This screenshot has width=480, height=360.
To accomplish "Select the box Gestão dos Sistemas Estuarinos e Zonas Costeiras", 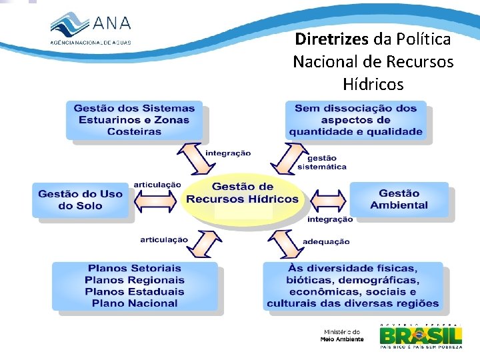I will coord(134,120).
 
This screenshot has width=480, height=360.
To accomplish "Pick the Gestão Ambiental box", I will coord(399,199).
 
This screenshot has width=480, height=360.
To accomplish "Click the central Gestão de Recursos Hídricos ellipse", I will coord(242,193).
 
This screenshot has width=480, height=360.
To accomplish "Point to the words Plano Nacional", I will coord(135,303).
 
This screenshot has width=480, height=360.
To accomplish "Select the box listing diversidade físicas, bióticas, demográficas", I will coord(353,286).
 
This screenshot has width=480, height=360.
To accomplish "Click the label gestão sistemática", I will coord(321,163).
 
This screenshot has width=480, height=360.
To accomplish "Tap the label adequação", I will coord(326,241).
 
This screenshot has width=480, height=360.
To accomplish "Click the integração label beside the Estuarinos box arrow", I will coord(228,153).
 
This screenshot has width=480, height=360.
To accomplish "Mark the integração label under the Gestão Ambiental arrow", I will coord(329,219).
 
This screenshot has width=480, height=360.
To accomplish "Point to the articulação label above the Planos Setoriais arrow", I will coord(164,239).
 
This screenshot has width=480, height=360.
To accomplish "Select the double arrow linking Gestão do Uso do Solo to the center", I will coord(155,199).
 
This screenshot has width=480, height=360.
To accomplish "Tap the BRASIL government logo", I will coord(420,335).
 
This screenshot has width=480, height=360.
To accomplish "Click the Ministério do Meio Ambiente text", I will coord(342,335).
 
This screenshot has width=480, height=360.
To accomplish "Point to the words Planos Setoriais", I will coord(135,269).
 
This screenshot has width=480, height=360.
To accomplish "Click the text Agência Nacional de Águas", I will coord(91,41).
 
